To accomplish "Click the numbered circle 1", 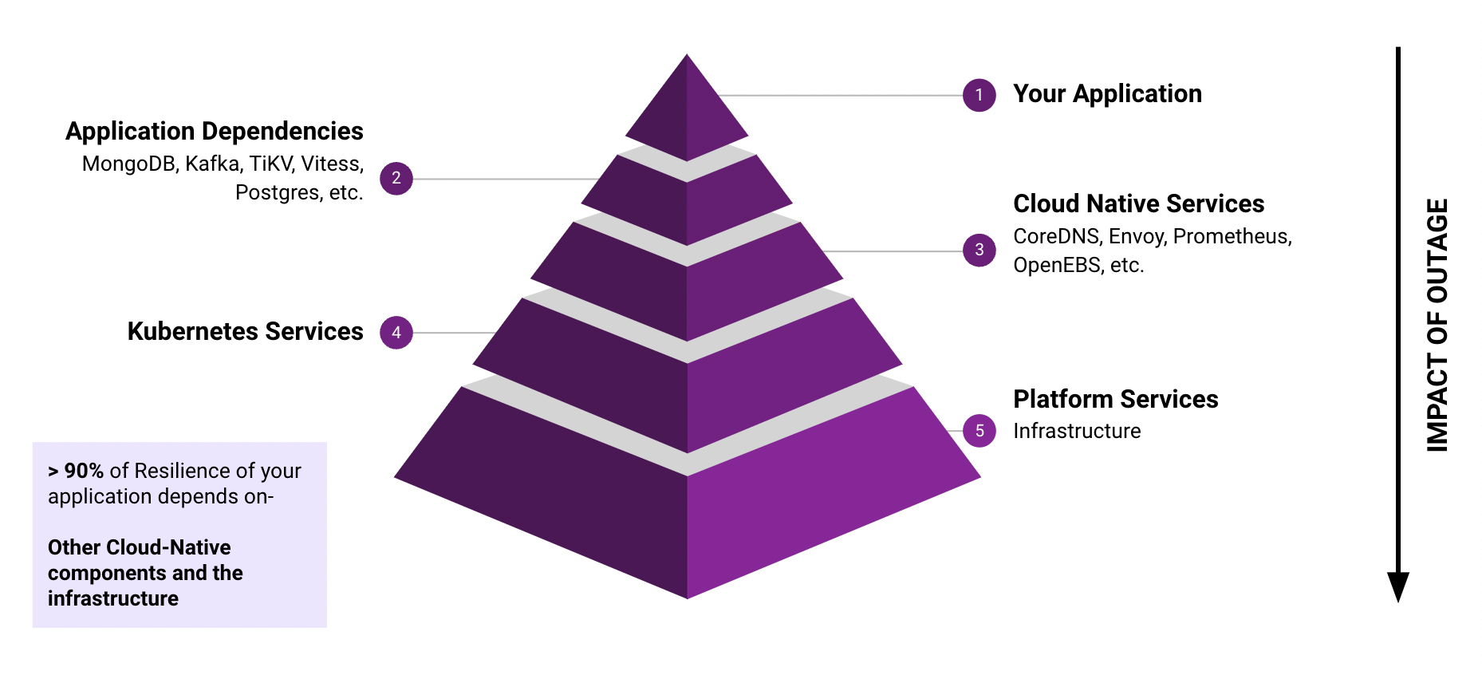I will pos(979,95).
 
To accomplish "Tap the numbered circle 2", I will pos(396,178).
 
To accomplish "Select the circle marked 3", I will pos(979,250).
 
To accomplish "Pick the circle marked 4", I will pos(396,333).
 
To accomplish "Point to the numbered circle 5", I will pos(979,431).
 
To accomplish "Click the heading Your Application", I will pos(1106,94).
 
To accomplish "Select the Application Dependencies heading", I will pos(214,131).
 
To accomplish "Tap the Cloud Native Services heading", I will pos(1138,203).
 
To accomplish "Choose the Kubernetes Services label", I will pos(245,331).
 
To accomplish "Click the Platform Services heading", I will pos(1115,399).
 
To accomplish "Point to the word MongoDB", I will pos(128,164).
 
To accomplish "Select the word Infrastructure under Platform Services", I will pos(1077,432).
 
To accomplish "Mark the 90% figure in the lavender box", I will pos(84,471).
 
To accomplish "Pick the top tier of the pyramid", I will pos(687,112).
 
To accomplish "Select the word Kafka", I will pos(212,164).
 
